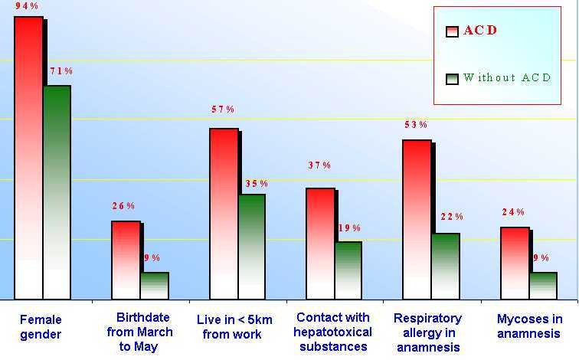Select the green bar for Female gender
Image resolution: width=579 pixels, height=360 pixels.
(57, 191)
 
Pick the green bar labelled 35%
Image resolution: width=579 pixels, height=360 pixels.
(251, 246)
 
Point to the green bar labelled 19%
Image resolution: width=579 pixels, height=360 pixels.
(348, 270)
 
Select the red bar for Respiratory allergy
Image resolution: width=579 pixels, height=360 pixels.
(417, 219)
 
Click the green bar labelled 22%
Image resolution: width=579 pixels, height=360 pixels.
(445, 266)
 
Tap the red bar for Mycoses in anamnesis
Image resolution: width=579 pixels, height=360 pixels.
(515, 263)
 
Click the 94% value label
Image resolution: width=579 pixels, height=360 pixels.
(27, 6)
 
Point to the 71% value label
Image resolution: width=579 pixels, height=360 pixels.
(61, 71)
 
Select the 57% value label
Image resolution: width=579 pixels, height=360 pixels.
(223, 110)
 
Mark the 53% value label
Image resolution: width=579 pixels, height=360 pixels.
(416, 125)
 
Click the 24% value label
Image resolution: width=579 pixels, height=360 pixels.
(513, 212)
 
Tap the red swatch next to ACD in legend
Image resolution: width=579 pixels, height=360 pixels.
(452, 31)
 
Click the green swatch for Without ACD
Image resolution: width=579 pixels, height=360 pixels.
(452, 79)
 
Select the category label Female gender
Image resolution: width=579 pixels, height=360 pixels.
(40, 327)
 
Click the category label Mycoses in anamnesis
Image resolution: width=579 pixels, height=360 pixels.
(529, 326)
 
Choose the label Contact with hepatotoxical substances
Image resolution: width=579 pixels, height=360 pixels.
(332, 332)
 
